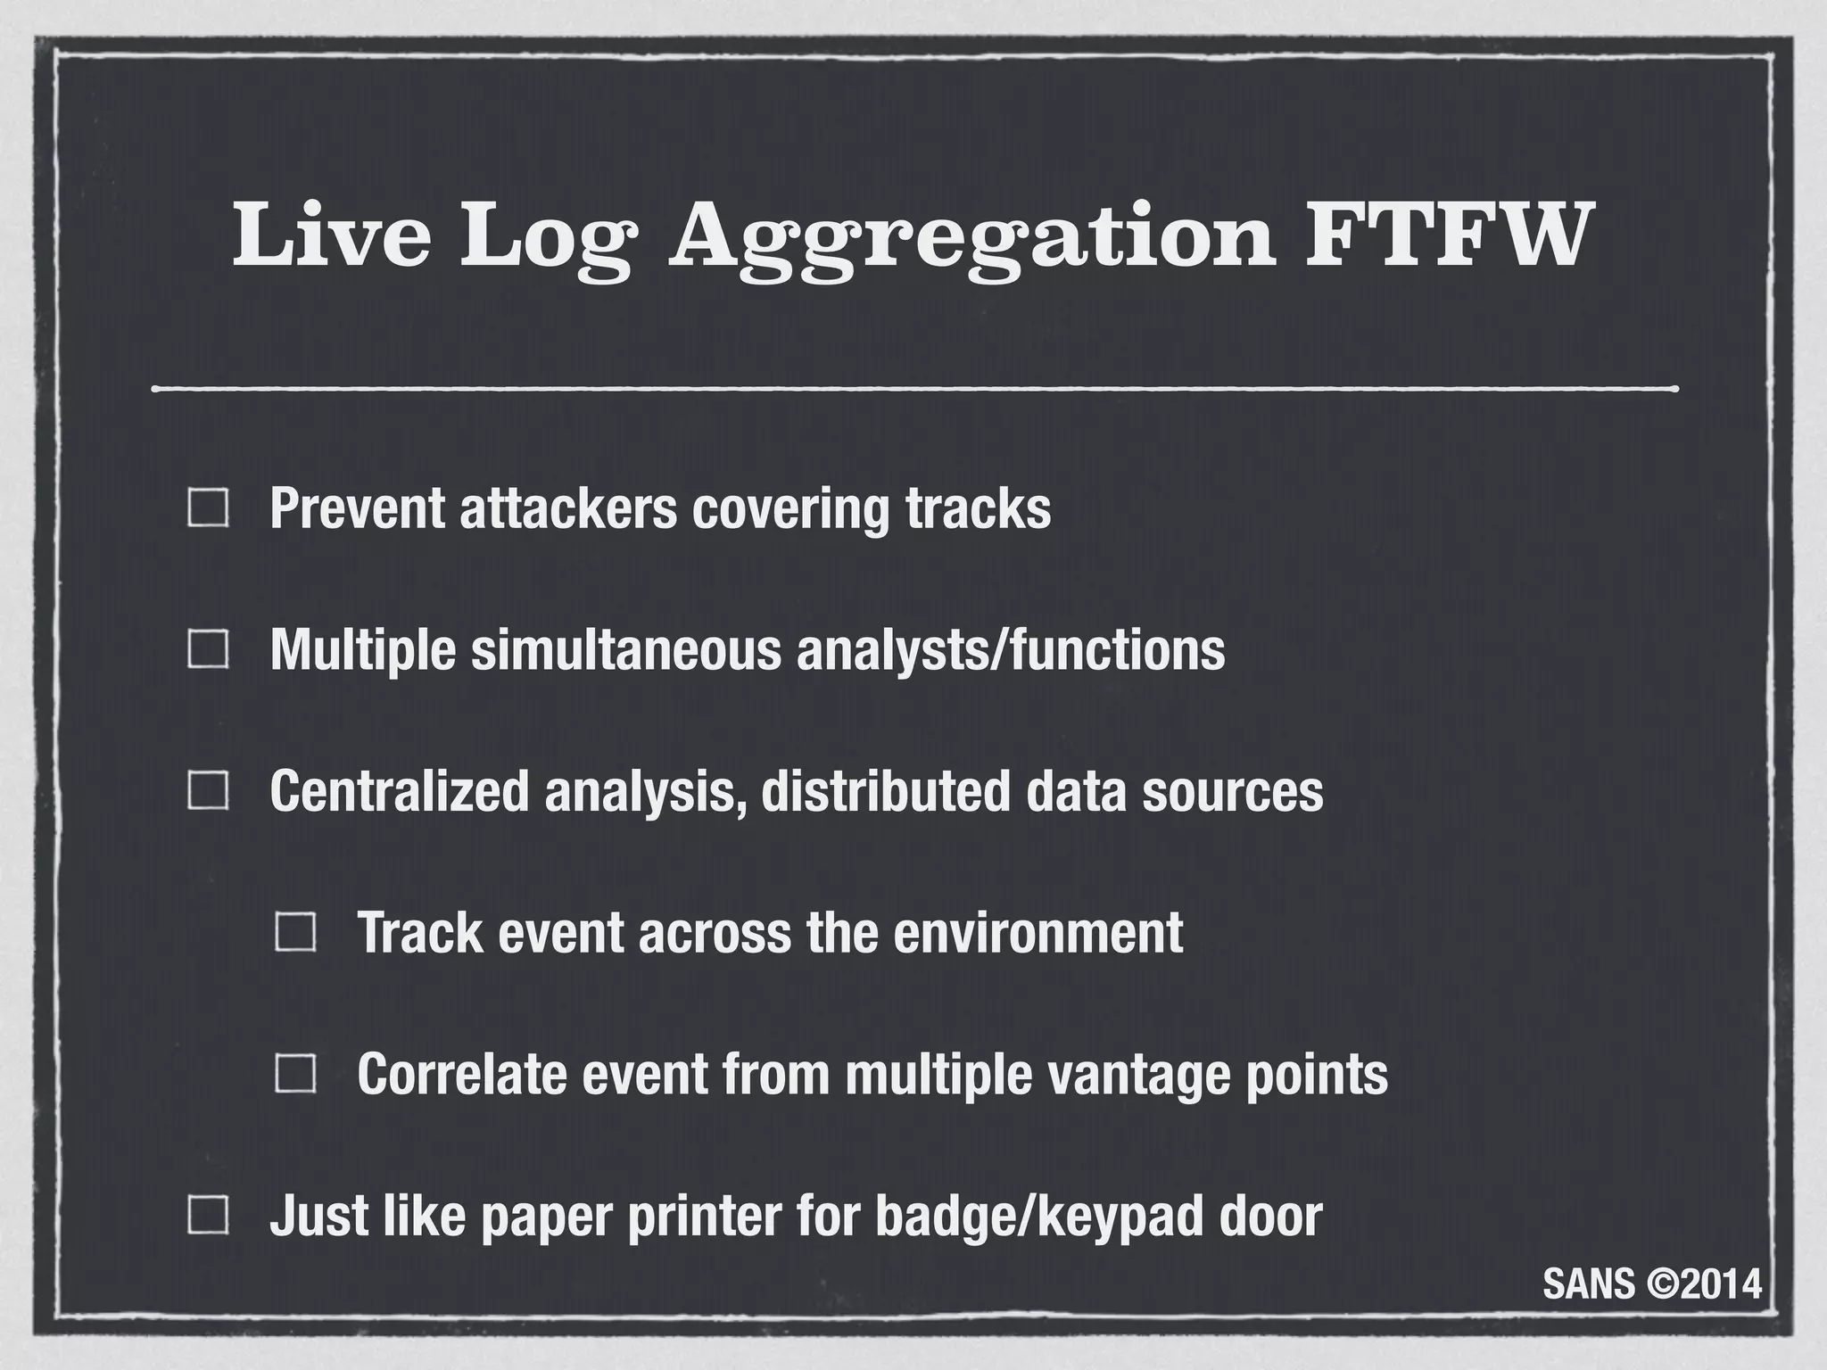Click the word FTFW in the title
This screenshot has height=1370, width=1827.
click(x=1446, y=234)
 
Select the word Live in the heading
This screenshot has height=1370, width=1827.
click(x=331, y=234)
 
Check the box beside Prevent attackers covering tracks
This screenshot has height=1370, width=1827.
click(x=208, y=508)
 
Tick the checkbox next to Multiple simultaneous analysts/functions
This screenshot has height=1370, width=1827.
click(x=208, y=649)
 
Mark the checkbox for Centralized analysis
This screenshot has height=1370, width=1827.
click(x=208, y=790)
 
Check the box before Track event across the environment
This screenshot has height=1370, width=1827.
click(x=295, y=932)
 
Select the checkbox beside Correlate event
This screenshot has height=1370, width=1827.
click(x=295, y=1073)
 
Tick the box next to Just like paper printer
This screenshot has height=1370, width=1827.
click(x=208, y=1215)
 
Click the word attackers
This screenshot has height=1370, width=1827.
click(x=567, y=508)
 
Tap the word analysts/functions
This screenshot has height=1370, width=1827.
click(x=1011, y=649)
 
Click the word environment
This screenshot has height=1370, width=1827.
click(x=1038, y=932)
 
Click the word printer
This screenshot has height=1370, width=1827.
click(x=692, y=1215)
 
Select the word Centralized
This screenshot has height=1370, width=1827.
click(x=400, y=790)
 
